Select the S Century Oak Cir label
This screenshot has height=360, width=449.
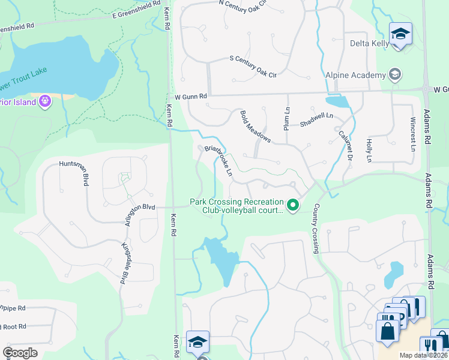(x=253, y=58)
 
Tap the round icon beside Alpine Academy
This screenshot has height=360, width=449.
(x=395, y=74)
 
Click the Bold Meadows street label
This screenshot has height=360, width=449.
(x=255, y=127)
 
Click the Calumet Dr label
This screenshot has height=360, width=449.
(x=345, y=144)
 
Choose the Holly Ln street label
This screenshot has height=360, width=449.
(x=369, y=150)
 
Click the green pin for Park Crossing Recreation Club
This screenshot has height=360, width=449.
(x=293, y=205)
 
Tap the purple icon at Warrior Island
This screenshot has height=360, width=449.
(x=44, y=101)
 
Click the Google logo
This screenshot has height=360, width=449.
(x=20, y=352)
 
